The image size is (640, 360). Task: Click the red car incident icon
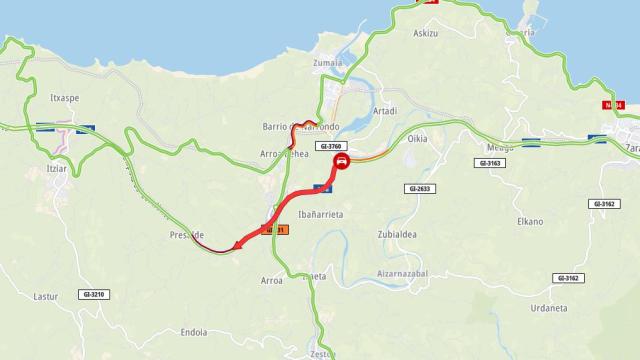pyautogui.click(x=342, y=161)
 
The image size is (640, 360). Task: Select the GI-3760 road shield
pyautogui.click(x=329, y=145)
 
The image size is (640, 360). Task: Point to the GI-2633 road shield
pyautogui.click(x=420, y=188)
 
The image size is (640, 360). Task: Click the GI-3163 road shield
pyautogui.click(x=490, y=162)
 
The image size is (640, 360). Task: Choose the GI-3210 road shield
pyautogui.click(x=94, y=294)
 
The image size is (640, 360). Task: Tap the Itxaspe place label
pyautogui.click(x=65, y=98)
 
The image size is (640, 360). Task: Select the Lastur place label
pyautogui.click(x=46, y=296)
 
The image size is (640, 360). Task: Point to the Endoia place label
pyautogui.click(x=194, y=332)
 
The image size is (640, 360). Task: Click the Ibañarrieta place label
pyautogui.click(x=320, y=214)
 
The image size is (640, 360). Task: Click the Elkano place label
pyautogui.click(x=530, y=221)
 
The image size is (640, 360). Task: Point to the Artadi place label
pyautogui.click(x=384, y=111)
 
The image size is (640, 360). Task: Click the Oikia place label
pyautogui.click(x=417, y=139)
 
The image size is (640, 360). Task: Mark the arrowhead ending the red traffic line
pyautogui.click(x=237, y=246)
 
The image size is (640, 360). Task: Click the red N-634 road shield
pyautogui.click(x=613, y=104)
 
